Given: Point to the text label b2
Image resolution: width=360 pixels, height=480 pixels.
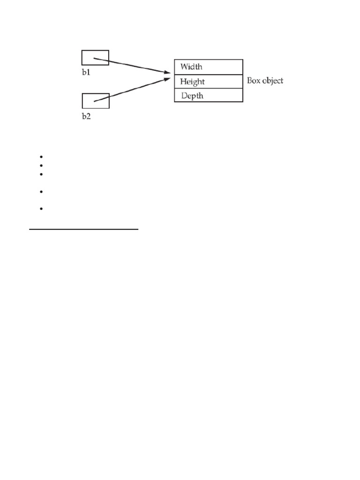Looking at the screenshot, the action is [86, 116].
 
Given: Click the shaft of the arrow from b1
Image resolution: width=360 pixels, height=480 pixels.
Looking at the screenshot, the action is [131, 66].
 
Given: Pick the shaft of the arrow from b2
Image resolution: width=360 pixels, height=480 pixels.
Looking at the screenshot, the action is [131, 90].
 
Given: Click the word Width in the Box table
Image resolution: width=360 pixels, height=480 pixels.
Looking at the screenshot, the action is [191, 67].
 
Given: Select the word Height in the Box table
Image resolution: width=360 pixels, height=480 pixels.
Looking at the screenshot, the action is [192, 82].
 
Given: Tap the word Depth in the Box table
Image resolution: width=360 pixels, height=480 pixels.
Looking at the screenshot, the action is [192, 96].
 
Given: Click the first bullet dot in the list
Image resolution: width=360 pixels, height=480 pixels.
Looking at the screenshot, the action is [41, 157].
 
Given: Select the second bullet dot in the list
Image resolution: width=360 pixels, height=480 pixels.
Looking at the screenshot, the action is [41, 165].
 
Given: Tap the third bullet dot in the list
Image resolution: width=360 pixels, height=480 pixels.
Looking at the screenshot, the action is [41, 174].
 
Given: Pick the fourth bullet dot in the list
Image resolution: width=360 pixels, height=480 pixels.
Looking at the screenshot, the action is [41, 192].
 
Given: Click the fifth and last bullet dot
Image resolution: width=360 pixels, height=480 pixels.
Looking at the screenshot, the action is [41, 209].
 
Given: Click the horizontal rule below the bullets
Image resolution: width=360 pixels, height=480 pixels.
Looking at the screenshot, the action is [84, 230].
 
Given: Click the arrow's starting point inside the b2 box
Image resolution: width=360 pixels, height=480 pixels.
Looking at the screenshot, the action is [95, 101].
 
